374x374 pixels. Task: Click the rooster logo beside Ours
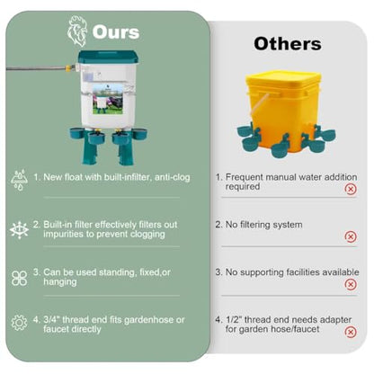(77, 31)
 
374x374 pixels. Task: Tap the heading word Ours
(116, 31)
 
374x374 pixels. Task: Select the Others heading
(288, 44)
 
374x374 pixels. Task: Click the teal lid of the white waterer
(108, 57)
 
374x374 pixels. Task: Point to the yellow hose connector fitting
(69, 68)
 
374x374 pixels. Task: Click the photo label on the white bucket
(108, 99)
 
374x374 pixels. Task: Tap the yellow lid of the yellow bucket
(283, 80)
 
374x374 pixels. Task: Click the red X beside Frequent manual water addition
(351, 189)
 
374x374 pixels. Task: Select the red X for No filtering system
(351, 236)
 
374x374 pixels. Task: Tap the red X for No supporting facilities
(351, 284)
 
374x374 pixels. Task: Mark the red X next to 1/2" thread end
(351, 332)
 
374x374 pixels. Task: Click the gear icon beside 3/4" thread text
(19, 323)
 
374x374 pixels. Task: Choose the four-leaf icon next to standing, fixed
(19, 279)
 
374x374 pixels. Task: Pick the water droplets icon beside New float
(19, 180)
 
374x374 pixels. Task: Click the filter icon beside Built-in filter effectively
(19, 230)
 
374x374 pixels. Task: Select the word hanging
(60, 282)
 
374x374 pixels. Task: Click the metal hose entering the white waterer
(36, 68)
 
